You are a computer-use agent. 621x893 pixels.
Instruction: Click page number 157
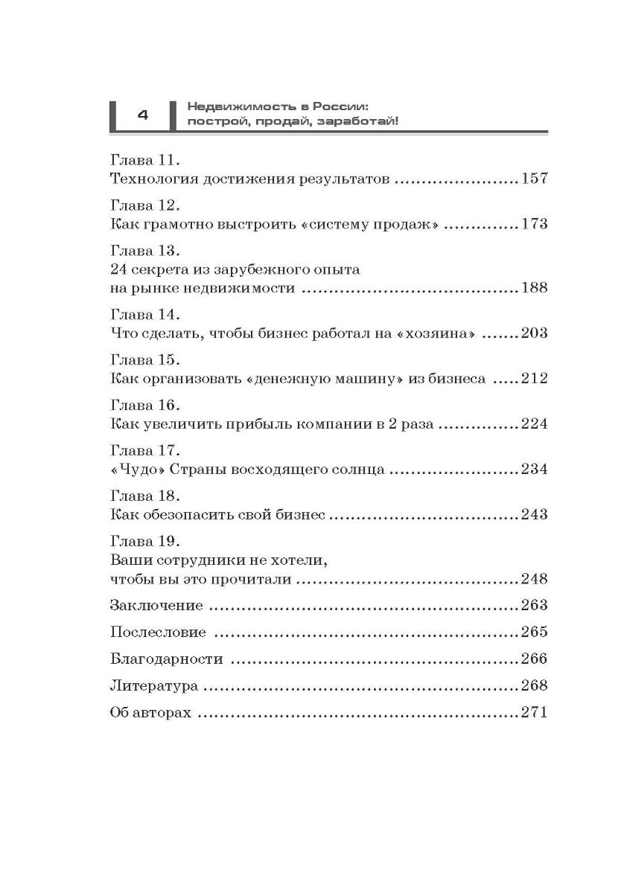point(534,179)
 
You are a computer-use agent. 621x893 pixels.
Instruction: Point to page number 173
point(534,223)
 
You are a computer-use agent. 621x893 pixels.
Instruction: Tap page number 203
point(534,333)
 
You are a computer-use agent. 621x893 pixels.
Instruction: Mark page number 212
point(534,378)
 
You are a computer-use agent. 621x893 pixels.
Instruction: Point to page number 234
point(534,469)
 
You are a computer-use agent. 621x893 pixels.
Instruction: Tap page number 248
point(534,578)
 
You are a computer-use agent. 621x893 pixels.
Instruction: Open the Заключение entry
point(156,605)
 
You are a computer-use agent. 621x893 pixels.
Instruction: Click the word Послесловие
point(158,632)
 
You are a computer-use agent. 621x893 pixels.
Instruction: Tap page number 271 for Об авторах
point(534,712)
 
